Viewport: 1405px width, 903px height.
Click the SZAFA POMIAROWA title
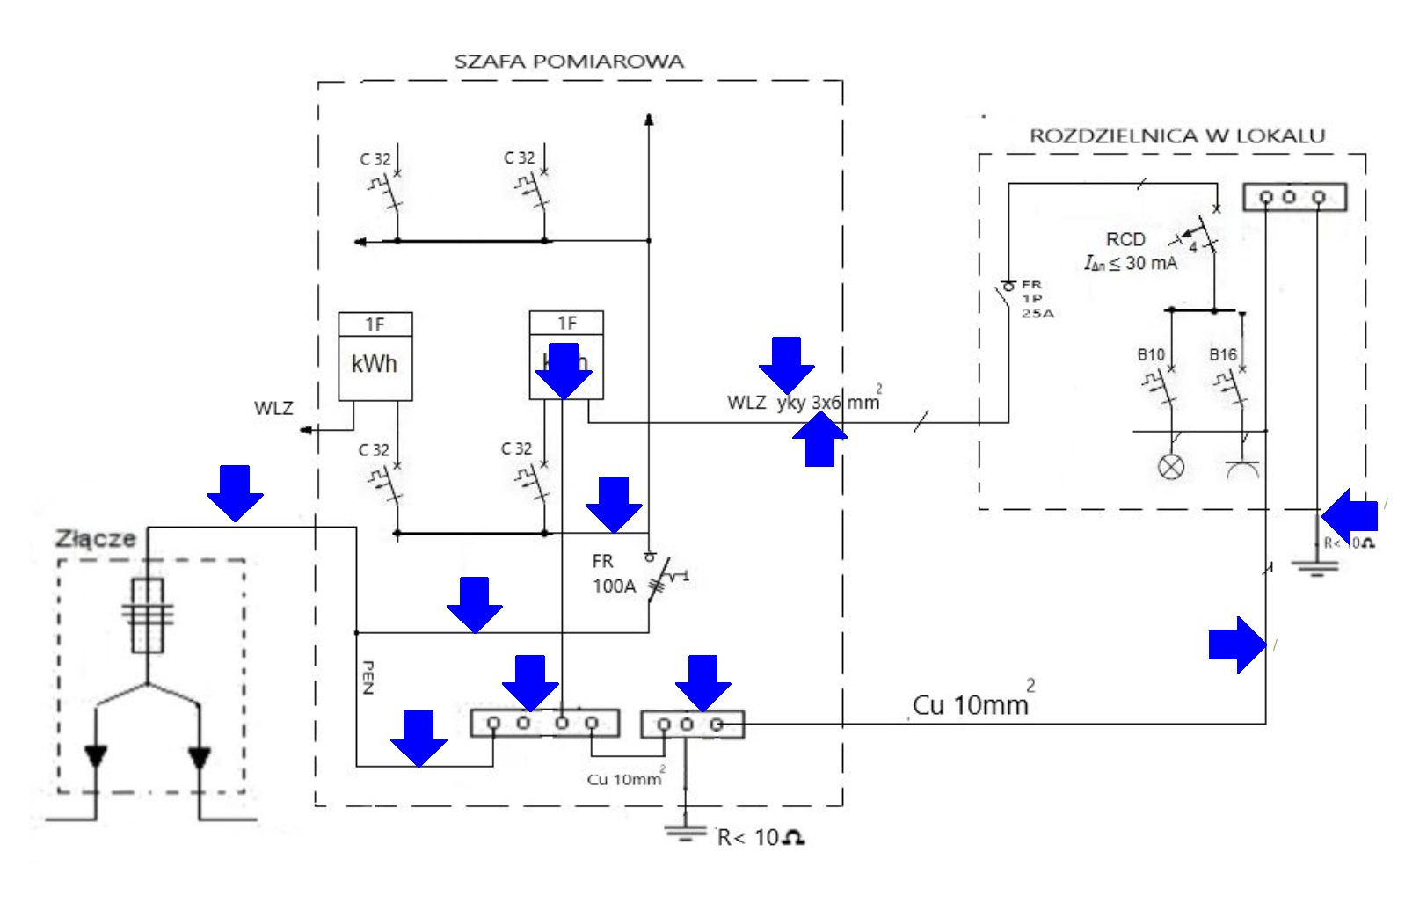[x=569, y=62]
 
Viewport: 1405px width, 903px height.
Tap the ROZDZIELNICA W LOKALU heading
[x=1177, y=135]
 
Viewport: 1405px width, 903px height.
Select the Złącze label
[x=96, y=538]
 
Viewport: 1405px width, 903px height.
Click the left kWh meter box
[x=375, y=356]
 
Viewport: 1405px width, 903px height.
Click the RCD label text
[x=1125, y=239]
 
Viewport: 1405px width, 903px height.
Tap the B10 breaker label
[x=1151, y=355]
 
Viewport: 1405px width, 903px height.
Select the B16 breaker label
[x=1223, y=355]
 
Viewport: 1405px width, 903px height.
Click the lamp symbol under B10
[x=1170, y=467]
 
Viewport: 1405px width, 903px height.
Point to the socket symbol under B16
[x=1243, y=469]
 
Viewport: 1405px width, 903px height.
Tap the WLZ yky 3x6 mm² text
[x=802, y=403]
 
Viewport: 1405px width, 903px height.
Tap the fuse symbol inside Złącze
[x=147, y=615]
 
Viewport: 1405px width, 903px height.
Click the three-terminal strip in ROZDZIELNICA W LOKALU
[x=1293, y=197]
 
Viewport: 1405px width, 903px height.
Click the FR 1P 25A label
[x=1031, y=298]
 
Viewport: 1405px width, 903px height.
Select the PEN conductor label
[x=368, y=677]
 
